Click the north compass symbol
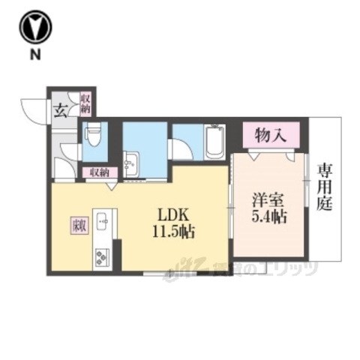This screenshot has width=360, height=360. coord(36,28)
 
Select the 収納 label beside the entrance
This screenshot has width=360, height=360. coord(85,102)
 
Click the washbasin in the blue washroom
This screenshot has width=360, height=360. coord(132,163)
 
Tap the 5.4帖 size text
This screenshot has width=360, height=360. coord(269,218)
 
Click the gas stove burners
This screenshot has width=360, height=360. coord(102,256)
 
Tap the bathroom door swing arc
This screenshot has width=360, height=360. coord(181,148)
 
